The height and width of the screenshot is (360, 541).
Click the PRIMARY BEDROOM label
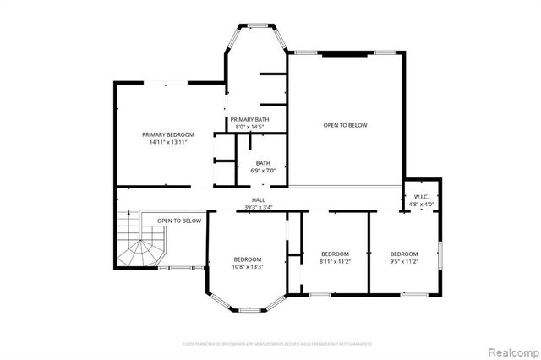(x=167, y=135)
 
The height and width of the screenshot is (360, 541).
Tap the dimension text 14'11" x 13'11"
(x=167, y=143)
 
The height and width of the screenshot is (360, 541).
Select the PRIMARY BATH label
(x=249, y=120)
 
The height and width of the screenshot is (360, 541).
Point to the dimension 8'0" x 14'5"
(x=249, y=127)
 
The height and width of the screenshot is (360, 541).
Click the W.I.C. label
(x=421, y=197)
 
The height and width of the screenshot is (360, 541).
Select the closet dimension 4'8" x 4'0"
(x=421, y=204)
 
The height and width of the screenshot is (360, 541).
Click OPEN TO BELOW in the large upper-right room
(x=345, y=125)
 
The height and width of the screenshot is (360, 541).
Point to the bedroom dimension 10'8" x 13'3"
(x=248, y=266)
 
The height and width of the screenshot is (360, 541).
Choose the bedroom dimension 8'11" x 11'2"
(x=335, y=261)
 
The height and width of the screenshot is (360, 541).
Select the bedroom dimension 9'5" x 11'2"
(x=404, y=261)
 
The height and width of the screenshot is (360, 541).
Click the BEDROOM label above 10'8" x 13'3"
(x=248, y=259)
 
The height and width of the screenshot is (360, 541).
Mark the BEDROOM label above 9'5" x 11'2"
(x=404, y=254)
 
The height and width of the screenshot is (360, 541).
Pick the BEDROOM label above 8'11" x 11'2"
(x=335, y=254)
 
